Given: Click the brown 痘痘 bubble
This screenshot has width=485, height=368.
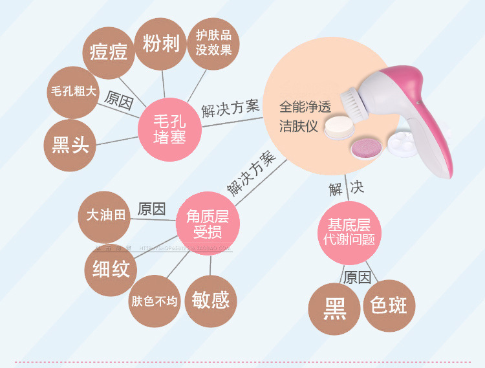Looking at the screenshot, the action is coord(109,52).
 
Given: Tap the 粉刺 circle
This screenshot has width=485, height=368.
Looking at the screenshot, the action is coord(161,44).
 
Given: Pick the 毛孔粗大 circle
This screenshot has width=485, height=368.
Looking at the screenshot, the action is coord(73,91).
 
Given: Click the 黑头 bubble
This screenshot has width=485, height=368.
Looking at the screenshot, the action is coord(70,144).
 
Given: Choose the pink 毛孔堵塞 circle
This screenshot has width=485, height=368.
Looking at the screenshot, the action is coord(169,128).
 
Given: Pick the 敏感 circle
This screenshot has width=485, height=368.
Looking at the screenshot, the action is coord(211,299).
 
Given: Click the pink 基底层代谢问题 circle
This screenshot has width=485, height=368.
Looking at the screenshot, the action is coord(349,232).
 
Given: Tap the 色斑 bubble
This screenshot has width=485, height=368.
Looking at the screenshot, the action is coord(389,305).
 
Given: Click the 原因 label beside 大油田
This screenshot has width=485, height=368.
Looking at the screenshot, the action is coord(152,210).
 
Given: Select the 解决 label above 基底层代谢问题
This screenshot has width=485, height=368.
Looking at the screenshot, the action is coord(346,189).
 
